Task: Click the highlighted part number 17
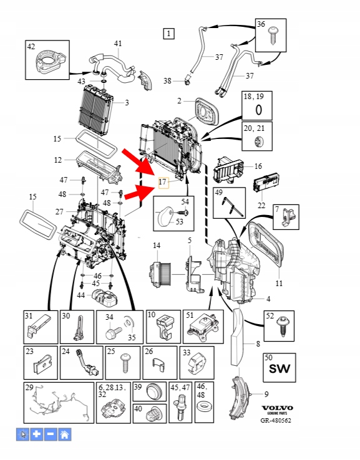(162, 182)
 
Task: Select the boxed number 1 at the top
(168, 33)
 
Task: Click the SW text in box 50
(280, 369)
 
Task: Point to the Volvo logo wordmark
(277, 408)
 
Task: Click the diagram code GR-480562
(276, 420)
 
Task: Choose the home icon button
(65, 434)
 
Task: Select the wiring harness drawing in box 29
(60, 405)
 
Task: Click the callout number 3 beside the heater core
(127, 103)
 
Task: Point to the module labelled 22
(266, 184)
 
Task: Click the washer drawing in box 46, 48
(204, 407)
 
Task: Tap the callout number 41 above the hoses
(118, 44)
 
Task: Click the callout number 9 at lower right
(266, 394)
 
